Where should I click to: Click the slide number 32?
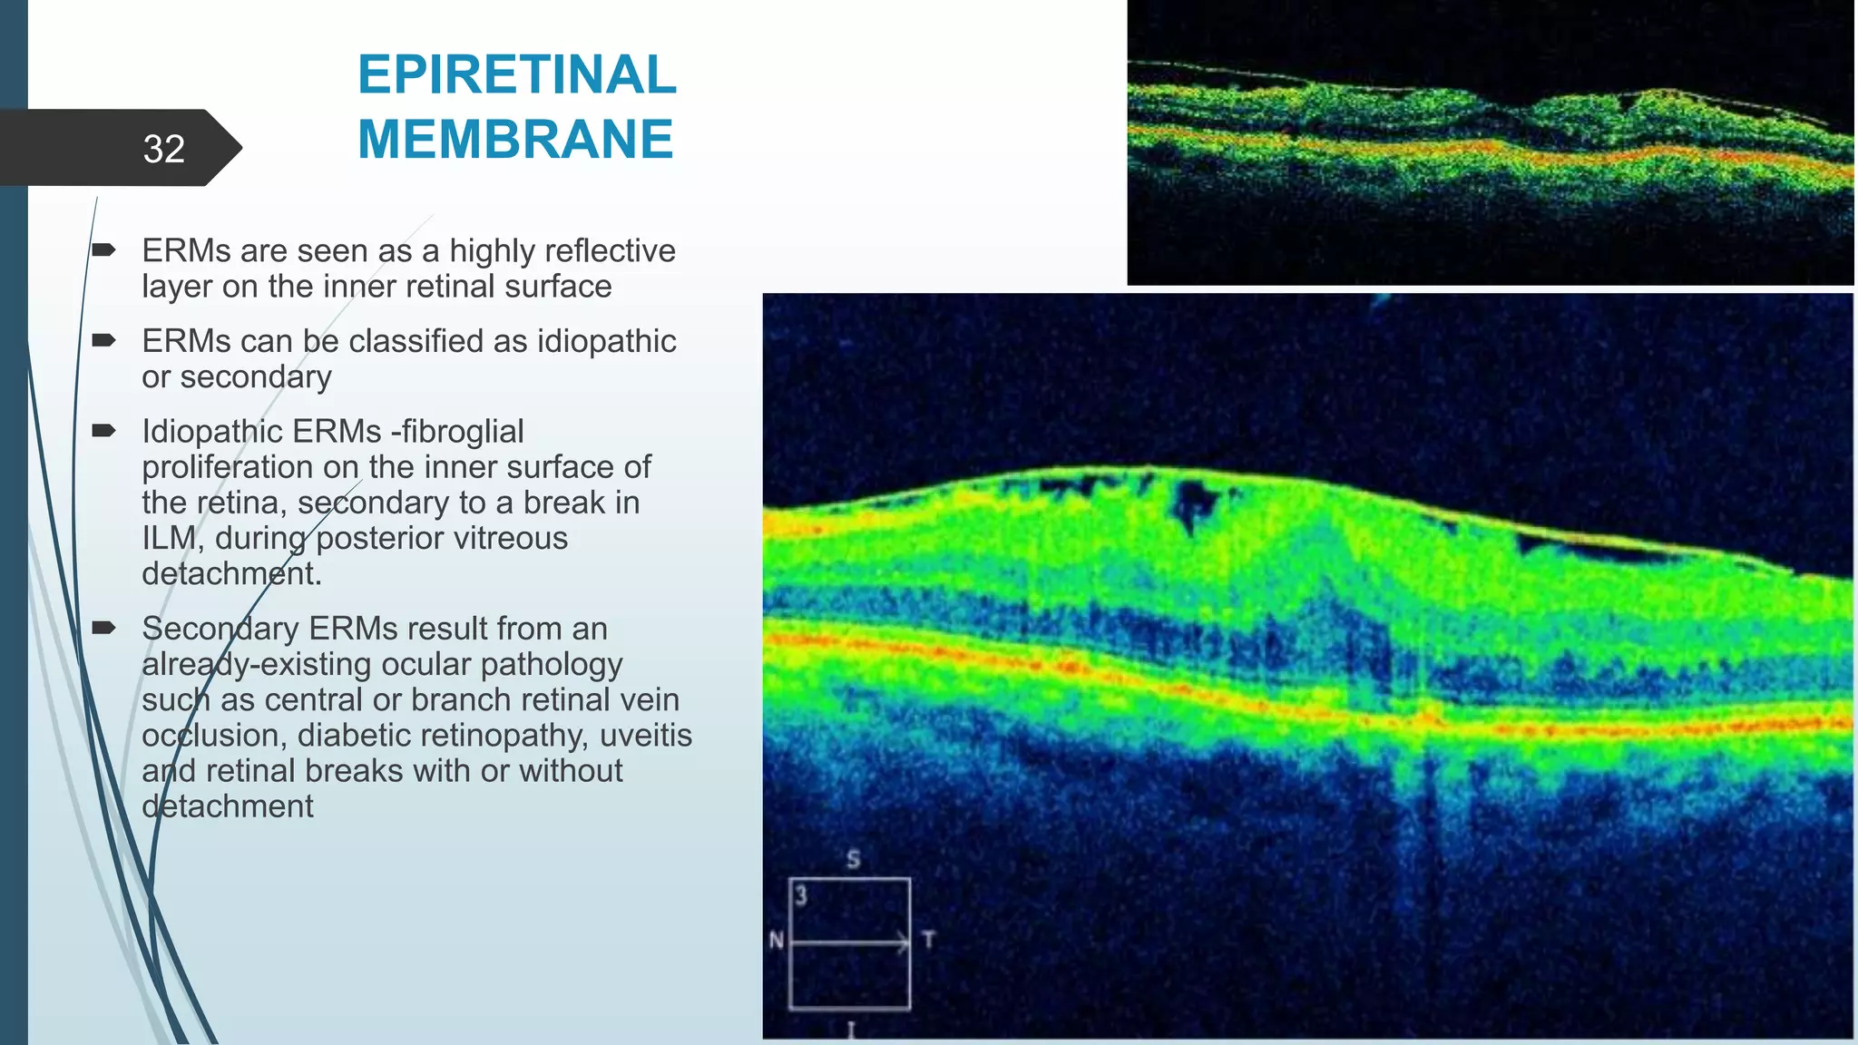click(x=163, y=149)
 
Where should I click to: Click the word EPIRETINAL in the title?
click(x=516, y=74)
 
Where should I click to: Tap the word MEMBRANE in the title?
click(x=515, y=140)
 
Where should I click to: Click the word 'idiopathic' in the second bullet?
click(x=607, y=342)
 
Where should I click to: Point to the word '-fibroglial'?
click(x=457, y=432)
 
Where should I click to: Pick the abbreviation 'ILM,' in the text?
click(x=172, y=539)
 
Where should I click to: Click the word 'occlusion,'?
click(x=214, y=736)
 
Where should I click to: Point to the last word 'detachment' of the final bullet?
click(x=227, y=806)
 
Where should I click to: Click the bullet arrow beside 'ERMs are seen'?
click(x=103, y=249)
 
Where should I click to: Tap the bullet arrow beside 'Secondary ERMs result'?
click(x=103, y=628)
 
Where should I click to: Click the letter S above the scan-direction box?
click(x=853, y=858)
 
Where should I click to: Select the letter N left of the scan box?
click(x=777, y=940)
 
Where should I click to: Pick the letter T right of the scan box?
click(x=927, y=940)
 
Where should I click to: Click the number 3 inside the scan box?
click(x=801, y=896)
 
